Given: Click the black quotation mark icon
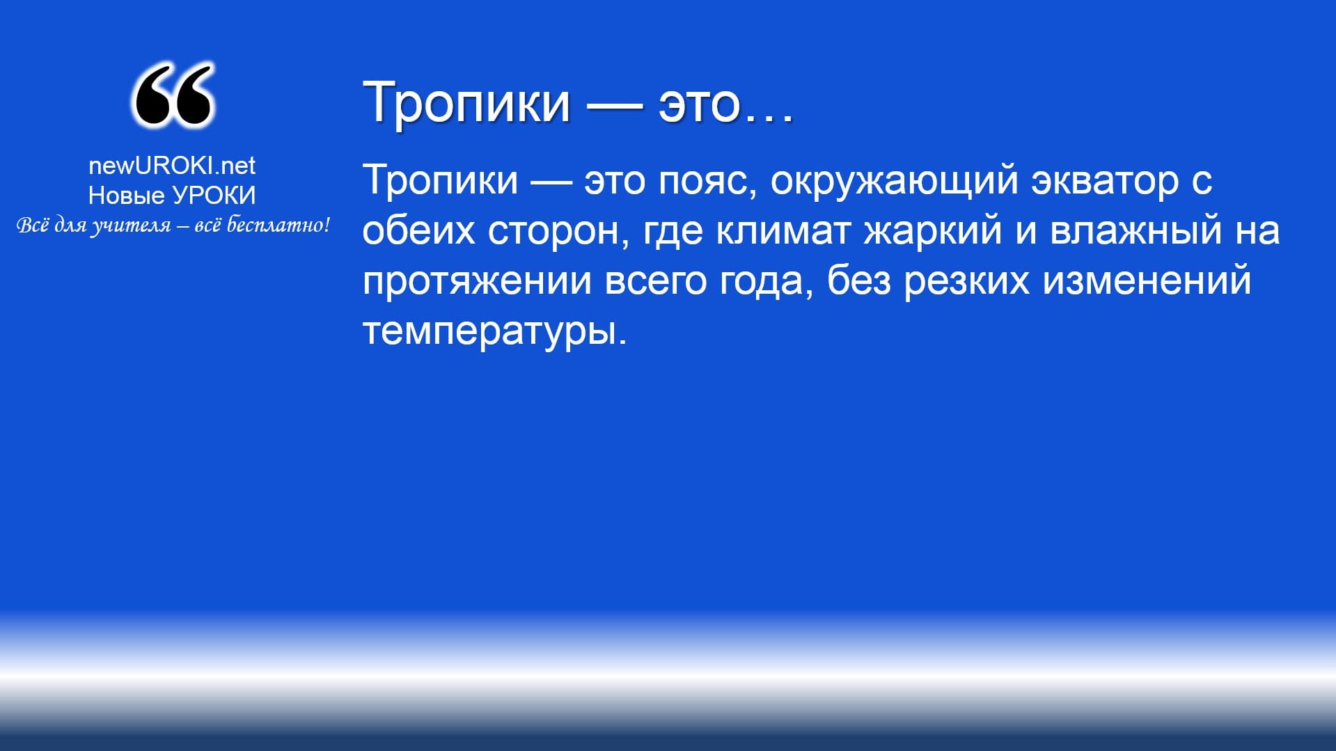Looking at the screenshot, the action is click(173, 95).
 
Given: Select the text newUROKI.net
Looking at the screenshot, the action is click(172, 165).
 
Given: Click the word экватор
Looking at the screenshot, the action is click(1105, 181).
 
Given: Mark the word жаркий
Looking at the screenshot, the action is click(933, 231).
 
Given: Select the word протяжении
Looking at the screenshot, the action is click(477, 282).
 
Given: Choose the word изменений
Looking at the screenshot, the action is click(1147, 280).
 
